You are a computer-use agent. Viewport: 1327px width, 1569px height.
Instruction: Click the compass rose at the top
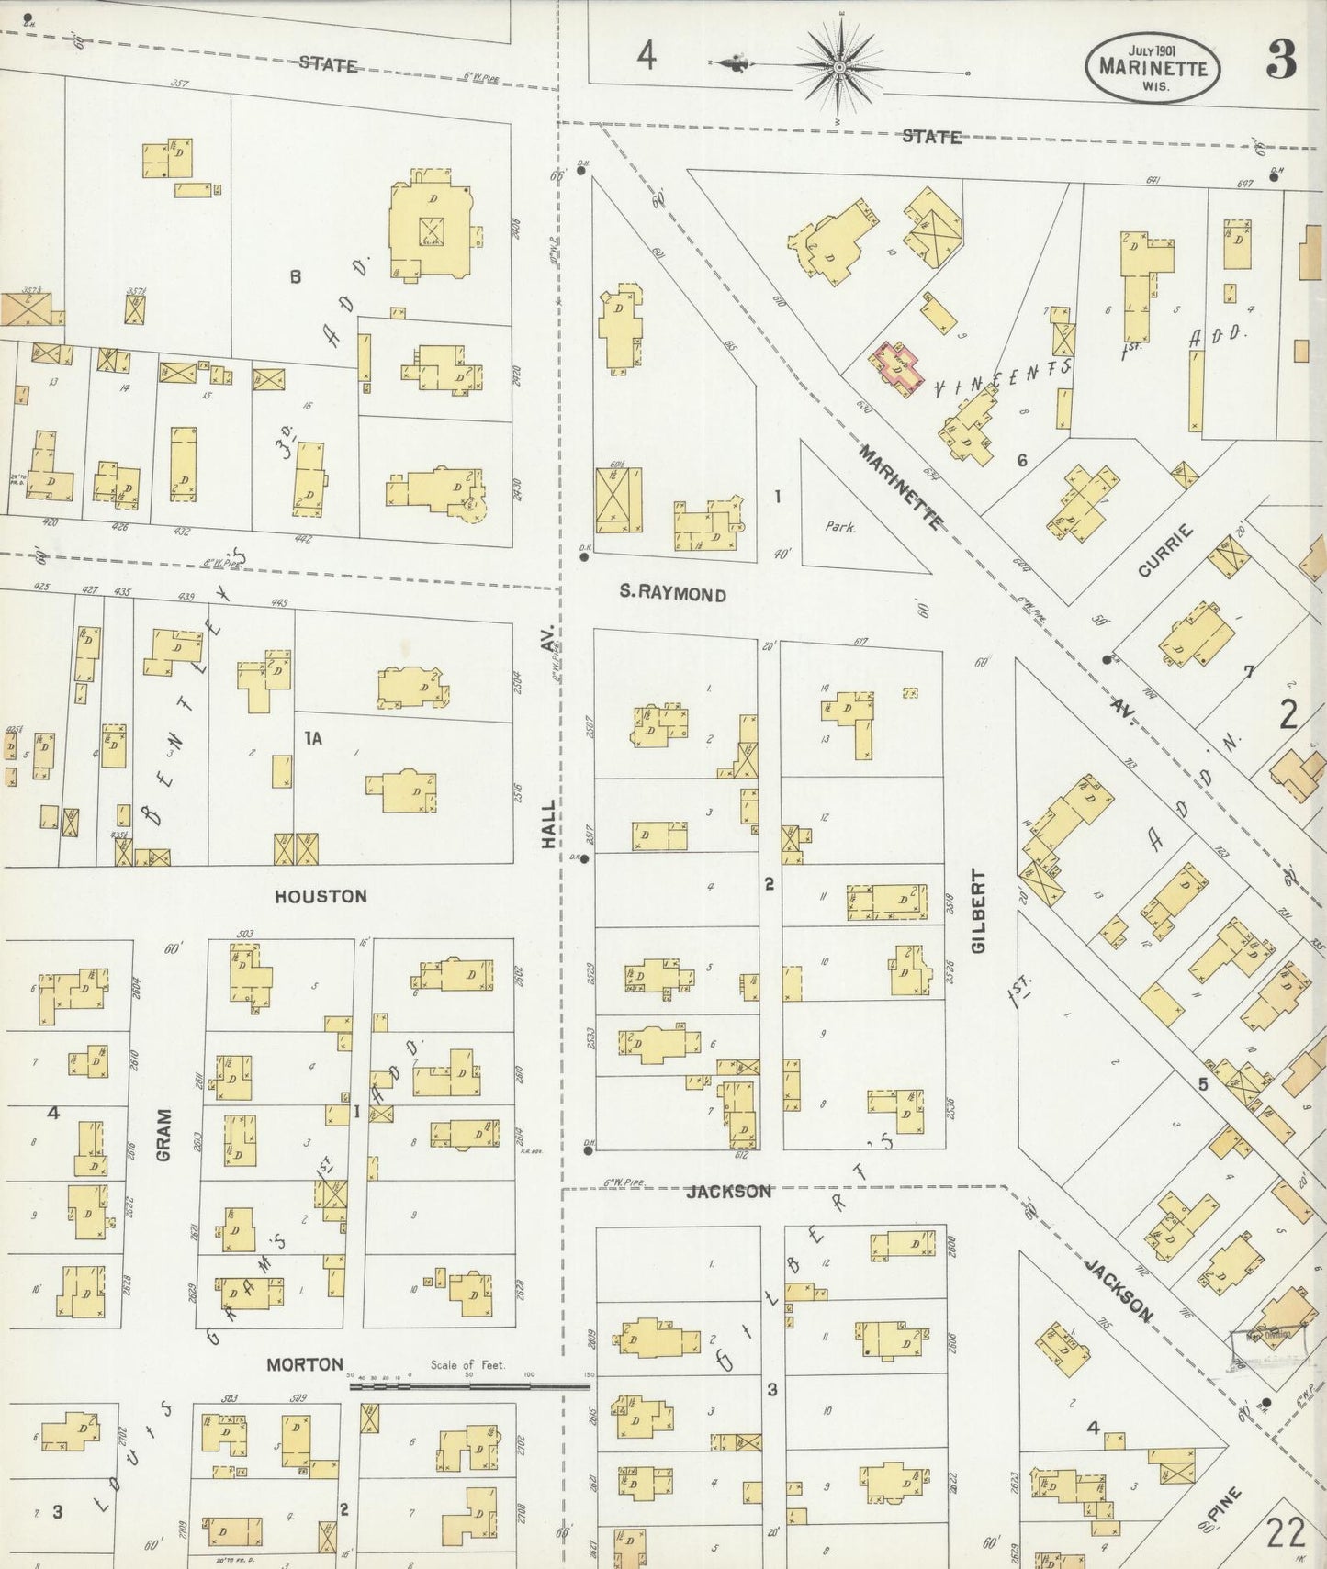(839, 68)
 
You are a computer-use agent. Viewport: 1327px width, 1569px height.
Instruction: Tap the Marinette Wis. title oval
(1153, 68)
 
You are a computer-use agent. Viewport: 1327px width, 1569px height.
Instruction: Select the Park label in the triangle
(839, 527)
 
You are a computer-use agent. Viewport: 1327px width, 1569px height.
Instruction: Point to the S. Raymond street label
(672, 594)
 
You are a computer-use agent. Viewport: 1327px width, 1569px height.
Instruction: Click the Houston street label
(321, 896)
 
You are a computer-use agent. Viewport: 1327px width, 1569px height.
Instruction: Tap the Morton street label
(305, 1364)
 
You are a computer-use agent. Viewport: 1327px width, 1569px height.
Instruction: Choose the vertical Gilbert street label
(978, 912)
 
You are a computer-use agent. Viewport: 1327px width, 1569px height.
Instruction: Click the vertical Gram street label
(164, 1135)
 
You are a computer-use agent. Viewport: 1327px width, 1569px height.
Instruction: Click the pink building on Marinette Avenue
(895, 368)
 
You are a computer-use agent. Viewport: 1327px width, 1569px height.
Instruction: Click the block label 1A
(313, 738)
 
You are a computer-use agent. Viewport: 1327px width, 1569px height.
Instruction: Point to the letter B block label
(296, 275)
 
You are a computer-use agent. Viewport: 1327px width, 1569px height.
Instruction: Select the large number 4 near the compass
(647, 57)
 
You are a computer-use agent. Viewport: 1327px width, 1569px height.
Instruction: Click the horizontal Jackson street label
(729, 1191)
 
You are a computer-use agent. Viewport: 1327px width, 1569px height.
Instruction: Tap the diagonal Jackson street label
(1119, 1291)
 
